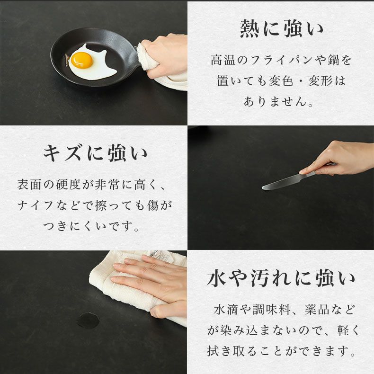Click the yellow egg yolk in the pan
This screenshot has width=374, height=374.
tap(81, 60)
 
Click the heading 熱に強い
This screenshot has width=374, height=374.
tap(281, 29)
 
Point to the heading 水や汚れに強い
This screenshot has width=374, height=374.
tap(281, 279)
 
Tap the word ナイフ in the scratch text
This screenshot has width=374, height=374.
tap(40, 205)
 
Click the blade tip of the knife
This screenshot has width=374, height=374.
tap(264, 188)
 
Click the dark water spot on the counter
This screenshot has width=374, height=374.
tap(88, 321)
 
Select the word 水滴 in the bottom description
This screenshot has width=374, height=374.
tap(225, 310)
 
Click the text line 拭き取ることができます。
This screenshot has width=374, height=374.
tap(281, 351)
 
